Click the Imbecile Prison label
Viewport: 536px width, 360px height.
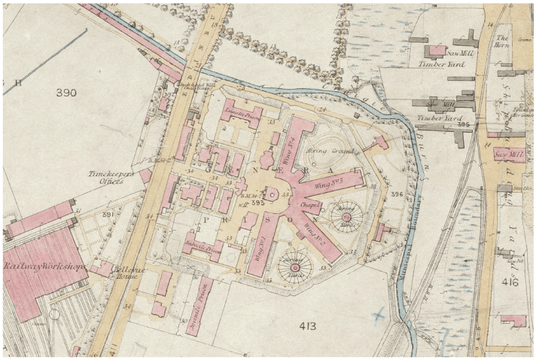coord(201,245)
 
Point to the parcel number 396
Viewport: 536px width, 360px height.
coord(397,194)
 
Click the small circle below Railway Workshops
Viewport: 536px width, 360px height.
coord(54,313)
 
